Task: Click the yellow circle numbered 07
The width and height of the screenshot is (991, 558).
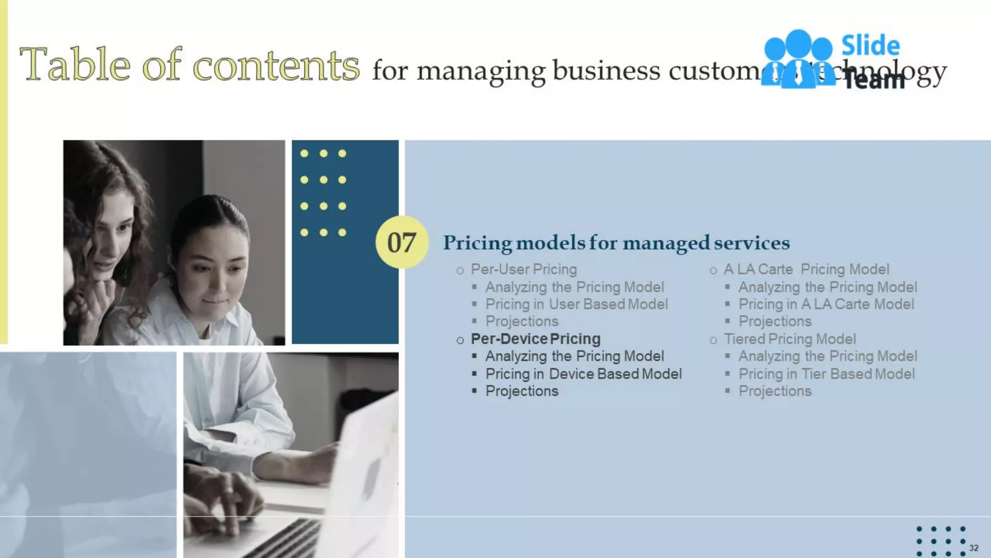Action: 402,242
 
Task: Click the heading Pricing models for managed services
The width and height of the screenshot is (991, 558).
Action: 616,243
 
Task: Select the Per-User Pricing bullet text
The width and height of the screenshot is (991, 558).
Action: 524,269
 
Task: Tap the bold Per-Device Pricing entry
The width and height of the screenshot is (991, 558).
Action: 535,339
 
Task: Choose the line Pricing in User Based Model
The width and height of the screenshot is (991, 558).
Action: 576,304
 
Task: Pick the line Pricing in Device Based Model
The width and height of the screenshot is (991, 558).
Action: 583,374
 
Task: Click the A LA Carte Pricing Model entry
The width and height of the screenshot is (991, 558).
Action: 806,269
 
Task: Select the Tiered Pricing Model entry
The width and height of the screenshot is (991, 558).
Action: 790,339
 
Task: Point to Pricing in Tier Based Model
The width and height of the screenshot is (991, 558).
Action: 826,374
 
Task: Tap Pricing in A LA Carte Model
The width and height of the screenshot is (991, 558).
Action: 826,304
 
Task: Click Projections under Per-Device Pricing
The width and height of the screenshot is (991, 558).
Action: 522,391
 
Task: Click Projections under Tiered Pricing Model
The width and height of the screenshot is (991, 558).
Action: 775,391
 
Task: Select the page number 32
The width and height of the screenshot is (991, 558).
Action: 974,548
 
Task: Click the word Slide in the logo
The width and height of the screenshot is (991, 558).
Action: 870,46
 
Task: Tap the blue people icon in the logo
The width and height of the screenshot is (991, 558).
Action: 797,58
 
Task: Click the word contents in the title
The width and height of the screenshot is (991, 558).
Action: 276,65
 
